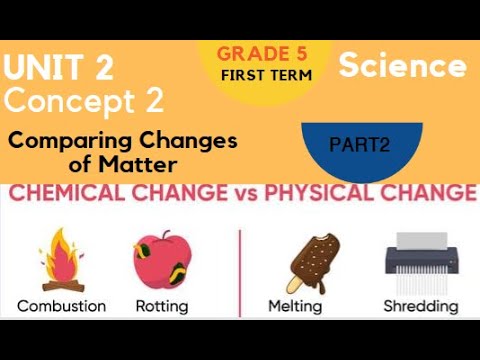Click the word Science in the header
pos(402,67)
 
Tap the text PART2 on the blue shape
pos(361,145)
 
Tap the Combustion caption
pos(60,306)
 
